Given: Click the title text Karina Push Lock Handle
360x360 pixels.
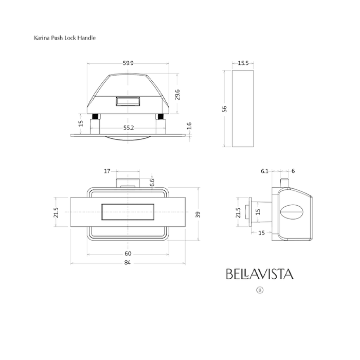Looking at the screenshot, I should (x=64, y=38).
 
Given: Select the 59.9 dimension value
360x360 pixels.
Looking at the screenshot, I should (x=128, y=63).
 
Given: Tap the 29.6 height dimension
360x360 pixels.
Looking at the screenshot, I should (x=177, y=95).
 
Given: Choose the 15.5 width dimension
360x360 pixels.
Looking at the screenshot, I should (x=243, y=63).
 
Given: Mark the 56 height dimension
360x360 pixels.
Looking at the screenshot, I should (x=225, y=109).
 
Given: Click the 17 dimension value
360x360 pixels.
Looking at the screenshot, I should (x=107, y=171).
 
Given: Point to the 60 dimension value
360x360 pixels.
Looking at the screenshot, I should (x=128, y=254).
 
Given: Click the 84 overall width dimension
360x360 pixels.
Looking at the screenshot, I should (x=128, y=263).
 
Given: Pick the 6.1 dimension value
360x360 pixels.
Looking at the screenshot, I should (x=264, y=171).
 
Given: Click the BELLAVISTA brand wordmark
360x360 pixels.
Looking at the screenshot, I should (x=260, y=274).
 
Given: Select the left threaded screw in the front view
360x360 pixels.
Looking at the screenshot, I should (x=95, y=116).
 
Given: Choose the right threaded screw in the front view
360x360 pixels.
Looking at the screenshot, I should (x=160, y=116).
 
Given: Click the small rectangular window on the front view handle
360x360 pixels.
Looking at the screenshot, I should (x=128, y=101).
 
